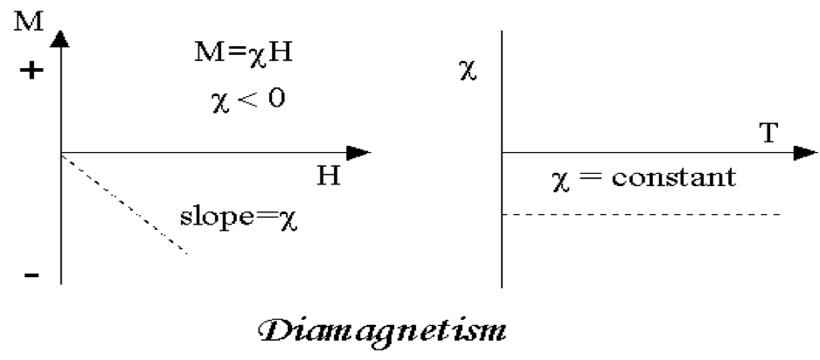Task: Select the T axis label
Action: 769,132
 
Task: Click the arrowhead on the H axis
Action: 359,153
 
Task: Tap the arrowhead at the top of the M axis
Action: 60,38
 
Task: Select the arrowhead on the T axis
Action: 803,153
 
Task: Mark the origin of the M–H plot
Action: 60,153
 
